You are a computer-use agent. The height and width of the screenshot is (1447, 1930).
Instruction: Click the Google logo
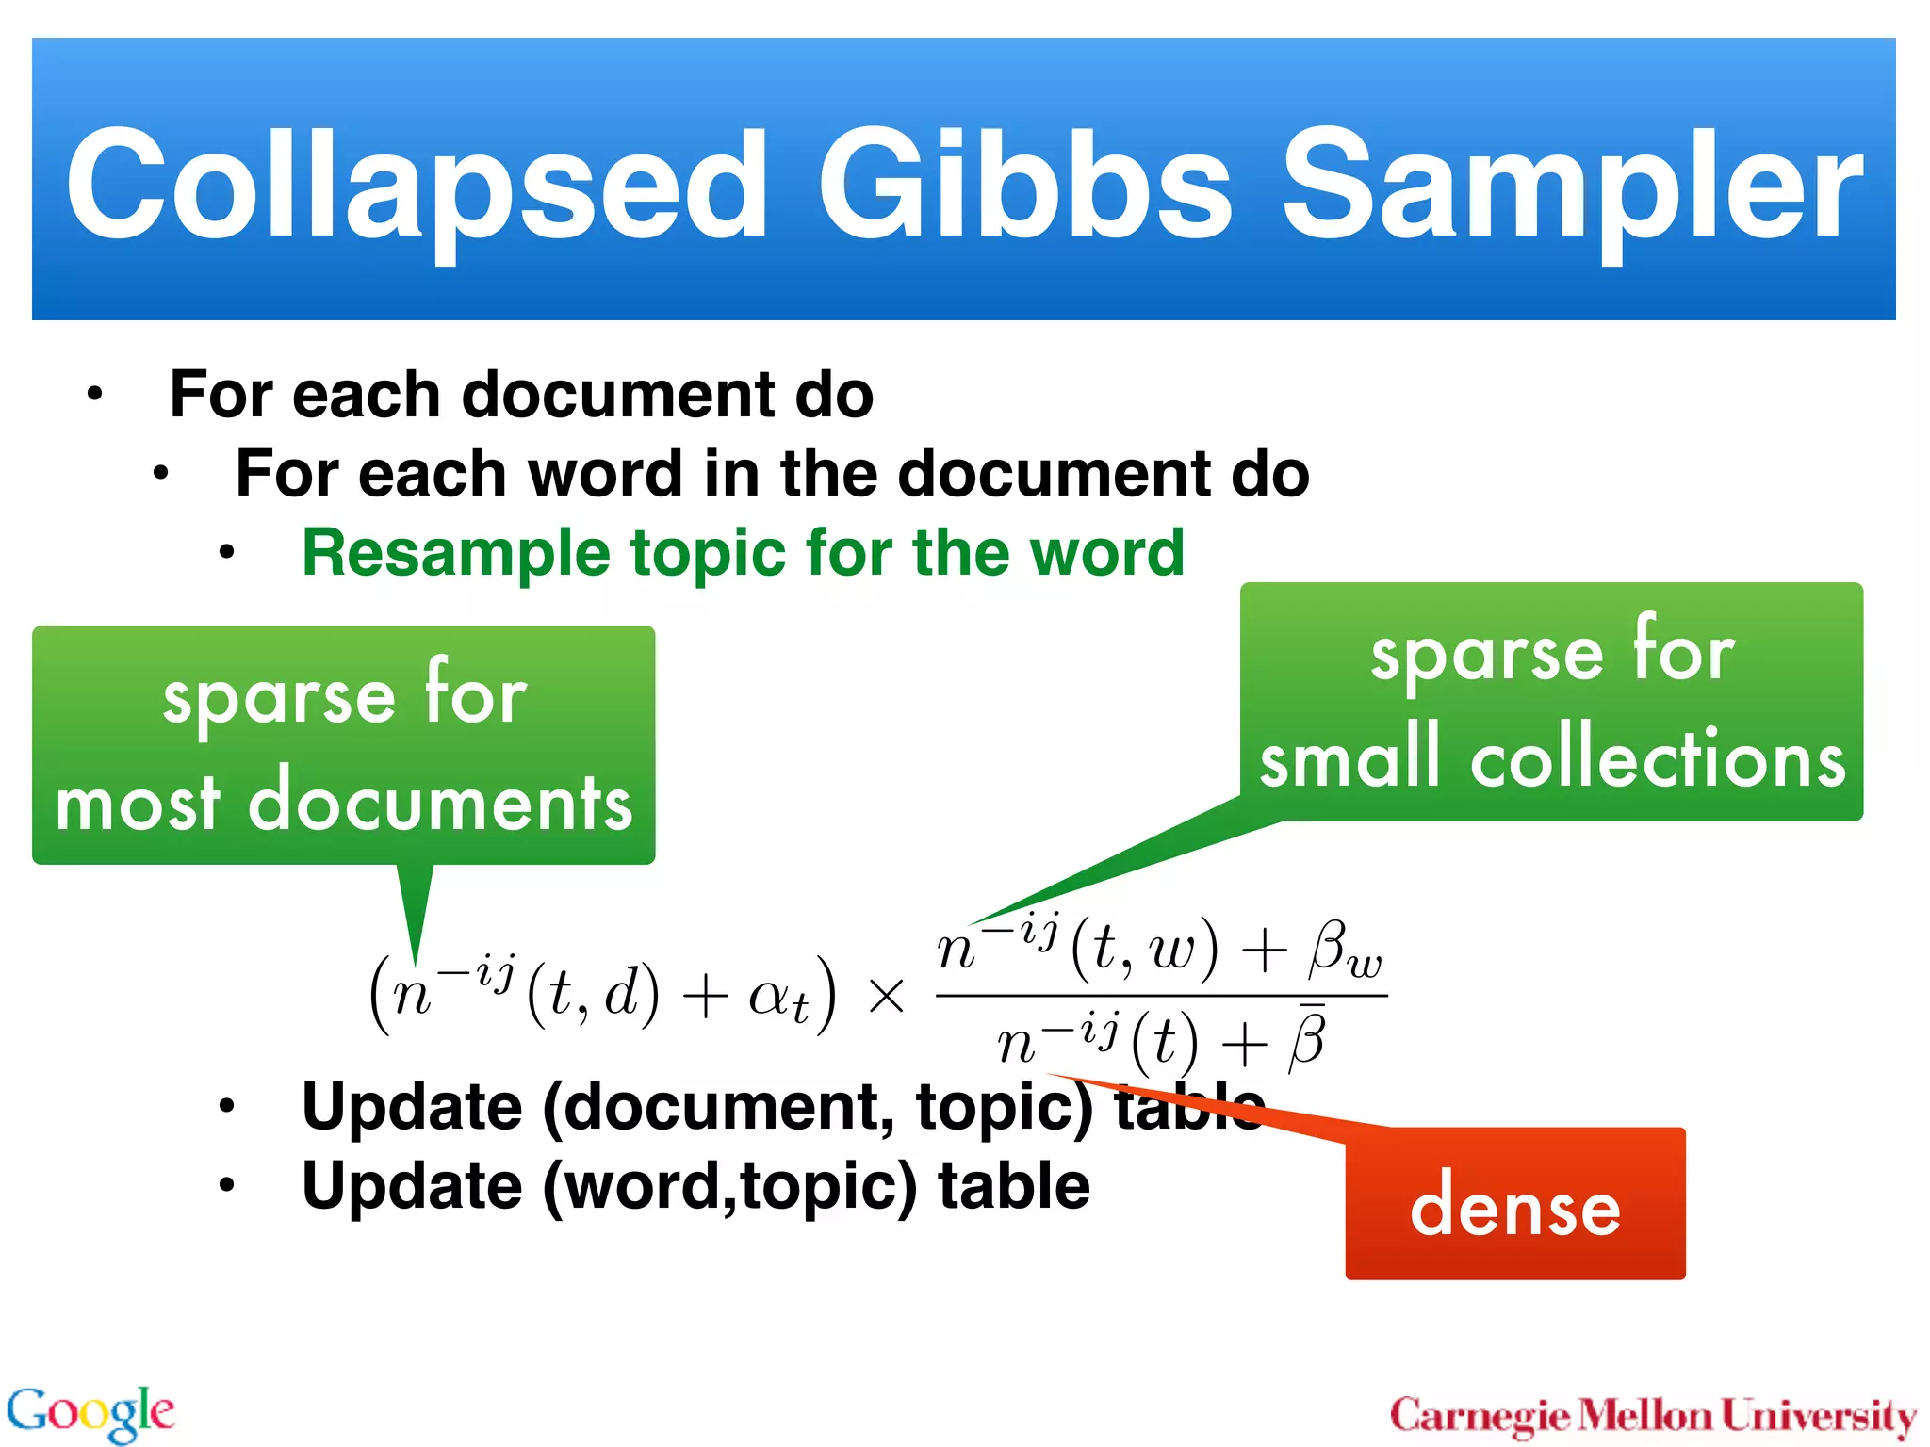tap(90, 1412)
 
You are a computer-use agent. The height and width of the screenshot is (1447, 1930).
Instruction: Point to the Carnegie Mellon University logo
tap(1652, 1416)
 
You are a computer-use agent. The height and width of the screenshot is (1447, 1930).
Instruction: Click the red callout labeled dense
tap(1514, 1206)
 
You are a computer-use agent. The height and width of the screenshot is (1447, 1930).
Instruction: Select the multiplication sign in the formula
tap(886, 996)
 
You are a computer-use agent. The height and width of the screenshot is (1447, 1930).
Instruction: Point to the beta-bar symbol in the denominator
tap(1308, 1037)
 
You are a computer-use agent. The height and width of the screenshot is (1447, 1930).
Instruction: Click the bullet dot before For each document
tap(94, 395)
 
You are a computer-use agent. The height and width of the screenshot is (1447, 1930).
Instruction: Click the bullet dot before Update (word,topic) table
tap(226, 1185)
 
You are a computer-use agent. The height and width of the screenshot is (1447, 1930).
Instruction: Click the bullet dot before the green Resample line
tap(226, 553)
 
